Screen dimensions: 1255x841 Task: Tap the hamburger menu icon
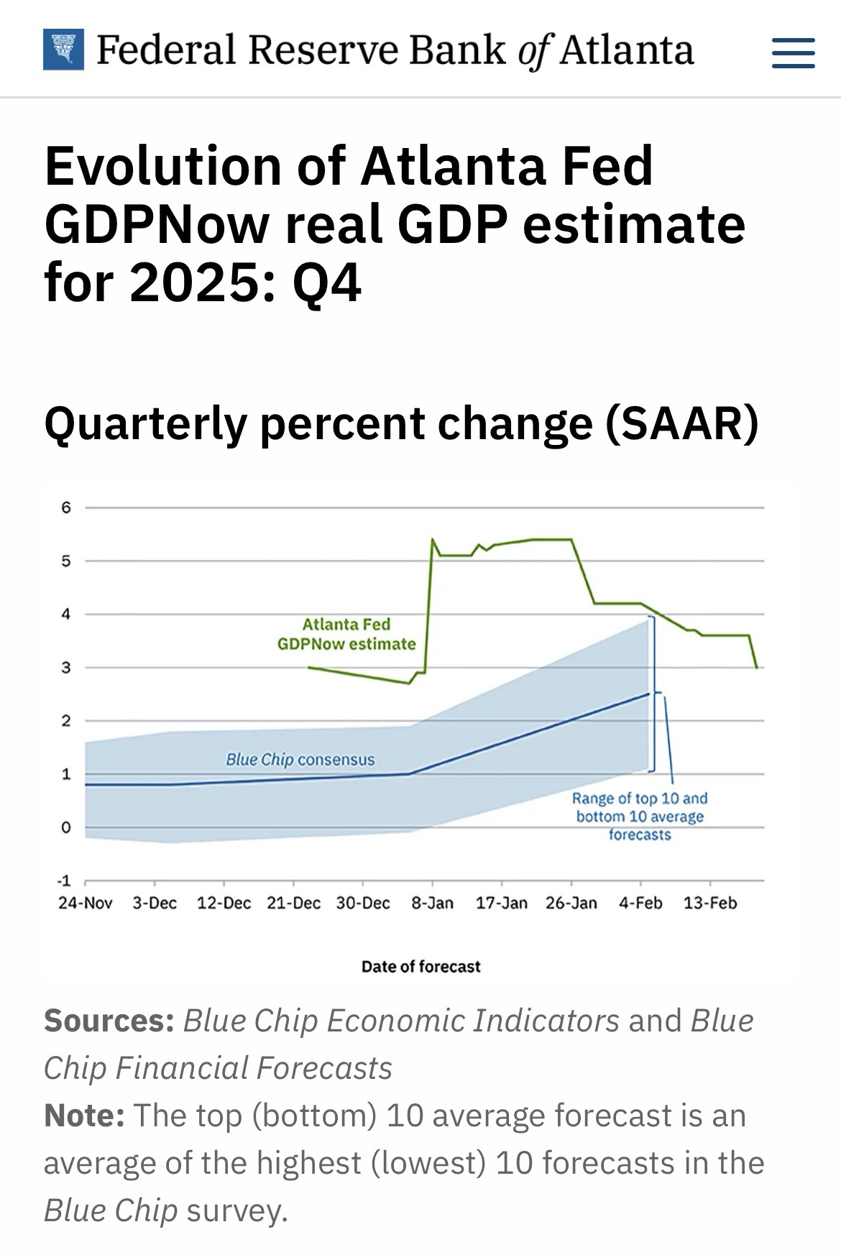(x=793, y=52)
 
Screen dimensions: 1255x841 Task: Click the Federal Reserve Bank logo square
(x=63, y=50)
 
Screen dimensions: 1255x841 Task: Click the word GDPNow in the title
(x=156, y=224)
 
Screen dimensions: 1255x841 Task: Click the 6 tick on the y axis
(x=66, y=508)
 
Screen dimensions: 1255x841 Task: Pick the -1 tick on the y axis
(x=65, y=881)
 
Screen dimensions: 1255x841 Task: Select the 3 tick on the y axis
(x=66, y=668)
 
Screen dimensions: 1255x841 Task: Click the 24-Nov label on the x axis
(x=85, y=904)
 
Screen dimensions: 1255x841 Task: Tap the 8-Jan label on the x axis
(x=432, y=904)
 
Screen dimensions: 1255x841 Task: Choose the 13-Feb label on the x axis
(x=710, y=904)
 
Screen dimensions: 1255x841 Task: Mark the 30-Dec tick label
(x=363, y=904)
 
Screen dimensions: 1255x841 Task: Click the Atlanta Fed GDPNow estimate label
(x=346, y=634)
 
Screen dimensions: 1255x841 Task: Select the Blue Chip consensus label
(x=300, y=760)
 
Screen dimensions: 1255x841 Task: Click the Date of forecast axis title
(x=420, y=967)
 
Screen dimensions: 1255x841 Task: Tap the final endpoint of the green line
(x=757, y=668)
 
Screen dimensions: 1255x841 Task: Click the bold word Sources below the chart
(x=109, y=1021)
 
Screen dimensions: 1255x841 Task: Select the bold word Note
(x=84, y=1116)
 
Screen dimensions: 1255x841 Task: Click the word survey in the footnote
(x=236, y=1210)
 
